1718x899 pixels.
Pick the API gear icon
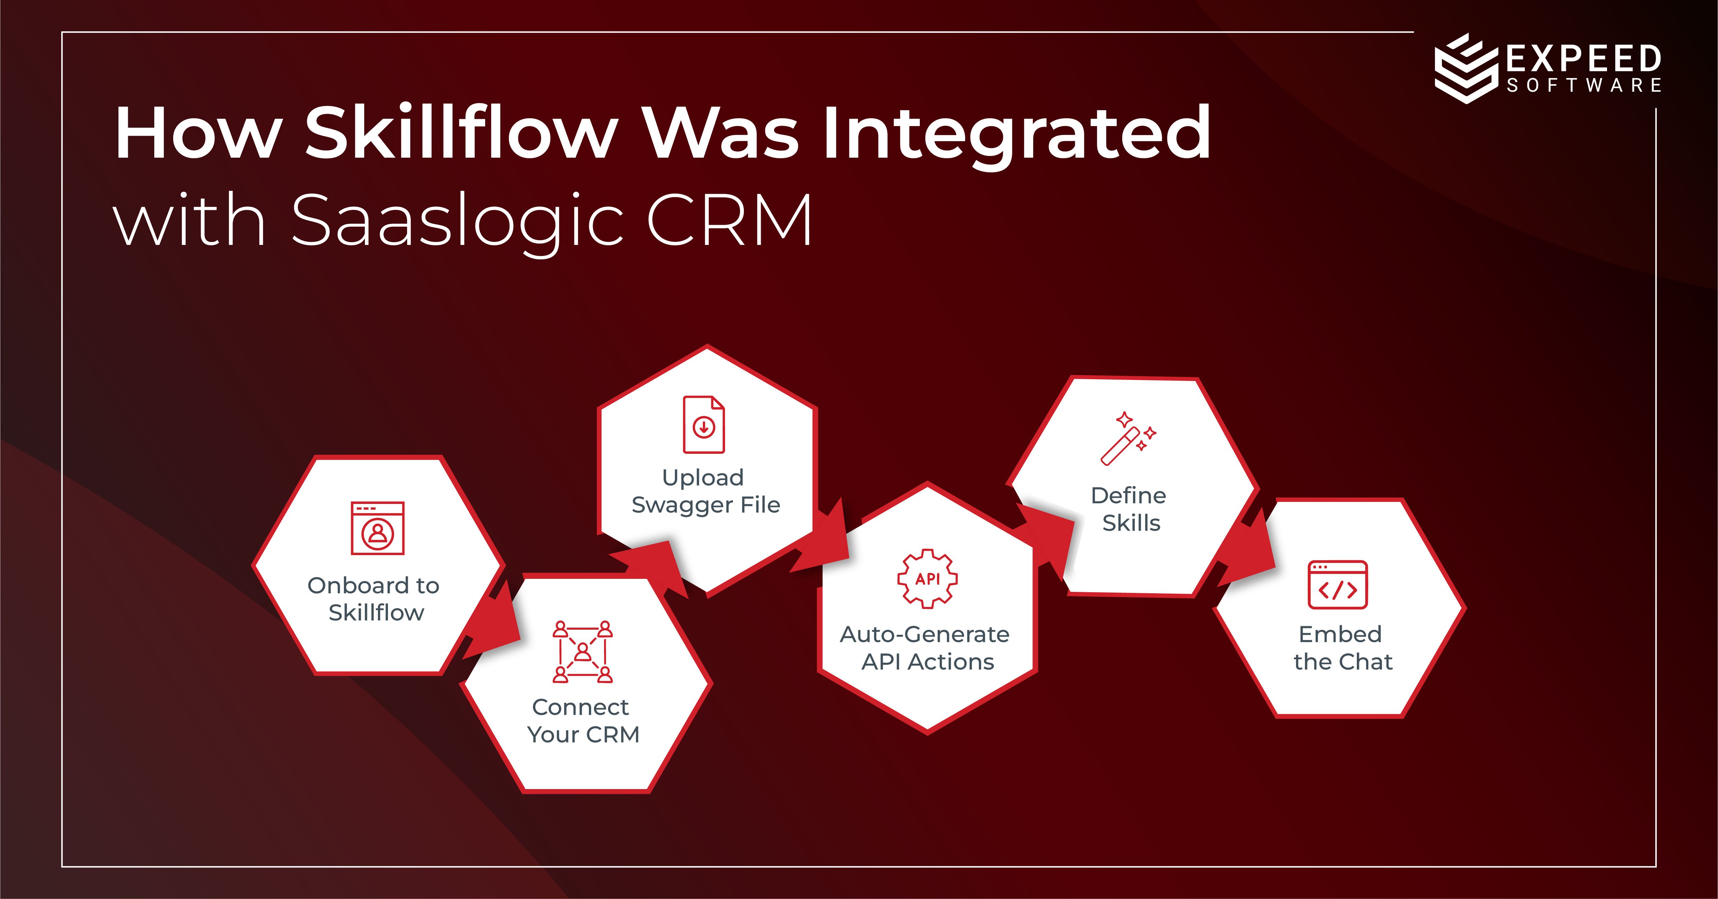tap(927, 578)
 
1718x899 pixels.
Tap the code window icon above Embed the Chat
tap(1337, 585)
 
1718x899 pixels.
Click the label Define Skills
tap(1129, 509)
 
